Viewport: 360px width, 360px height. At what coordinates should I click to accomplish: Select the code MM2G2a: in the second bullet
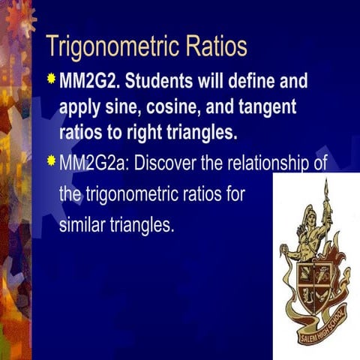click(92, 163)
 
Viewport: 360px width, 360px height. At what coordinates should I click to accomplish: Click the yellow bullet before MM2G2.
click(51, 78)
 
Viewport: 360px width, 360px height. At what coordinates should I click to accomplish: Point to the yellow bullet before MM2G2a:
click(51, 160)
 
